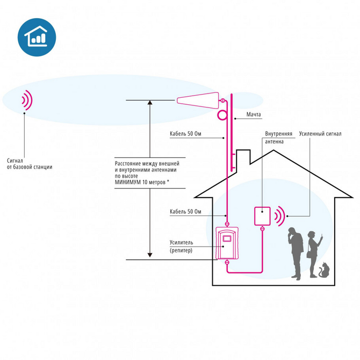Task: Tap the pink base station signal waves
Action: point(26,99)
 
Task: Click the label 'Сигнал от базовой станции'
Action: point(30,163)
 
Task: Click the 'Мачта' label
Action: point(254,115)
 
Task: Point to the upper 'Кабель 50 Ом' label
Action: point(186,134)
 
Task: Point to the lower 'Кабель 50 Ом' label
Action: point(186,211)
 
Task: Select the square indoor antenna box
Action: point(262,216)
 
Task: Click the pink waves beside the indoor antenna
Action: point(279,216)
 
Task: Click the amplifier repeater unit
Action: point(227,243)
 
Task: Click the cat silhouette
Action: point(323,270)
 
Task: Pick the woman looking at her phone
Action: point(312,254)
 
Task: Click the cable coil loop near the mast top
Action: point(222,115)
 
